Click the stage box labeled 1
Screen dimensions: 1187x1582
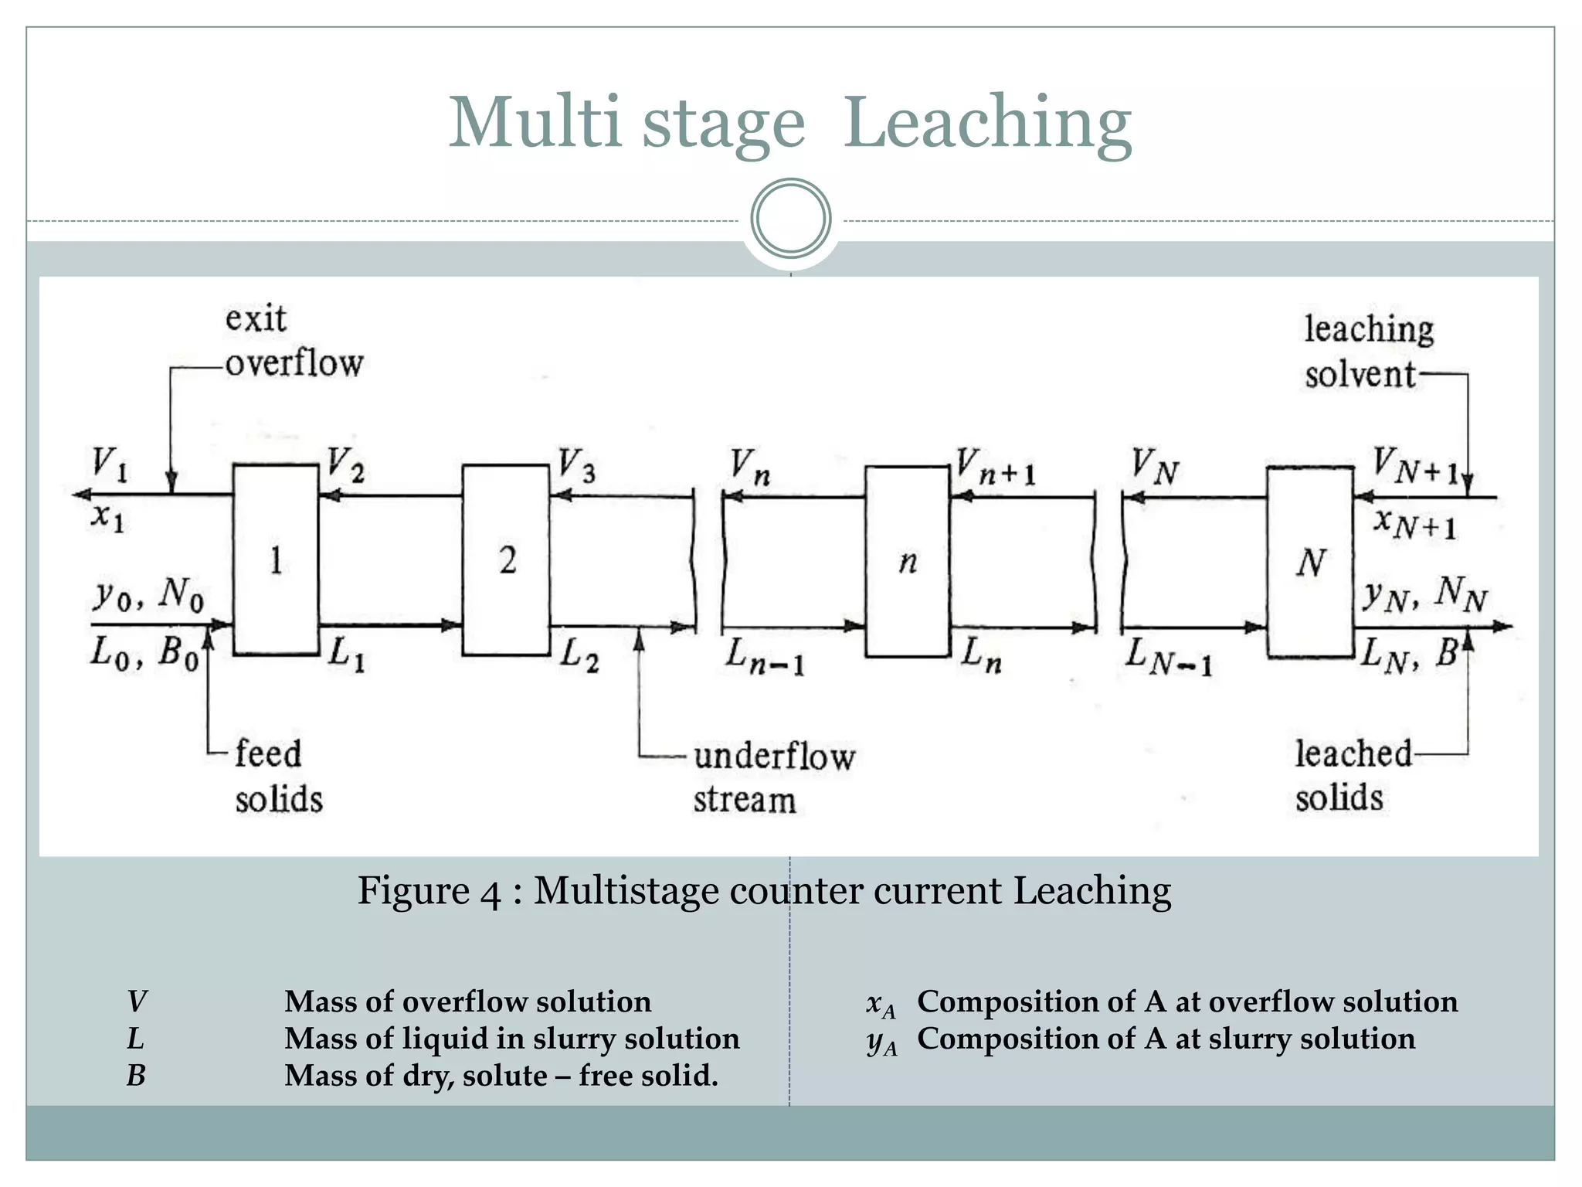point(276,559)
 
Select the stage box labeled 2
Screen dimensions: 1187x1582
point(506,559)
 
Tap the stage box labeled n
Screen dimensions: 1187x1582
point(907,561)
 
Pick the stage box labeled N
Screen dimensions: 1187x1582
point(1310,562)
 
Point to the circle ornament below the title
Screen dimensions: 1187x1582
point(790,219)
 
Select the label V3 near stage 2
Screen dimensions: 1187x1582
point(577,466)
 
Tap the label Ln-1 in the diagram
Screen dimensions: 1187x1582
point(764,658)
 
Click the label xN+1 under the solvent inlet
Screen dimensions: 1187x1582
point(1414,524)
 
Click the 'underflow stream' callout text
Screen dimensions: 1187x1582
point(772,777)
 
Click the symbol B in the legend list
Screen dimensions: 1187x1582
point(136,1076)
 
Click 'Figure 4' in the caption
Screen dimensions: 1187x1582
point(429,891)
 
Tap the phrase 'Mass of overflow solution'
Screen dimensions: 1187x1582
point(467,1002)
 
